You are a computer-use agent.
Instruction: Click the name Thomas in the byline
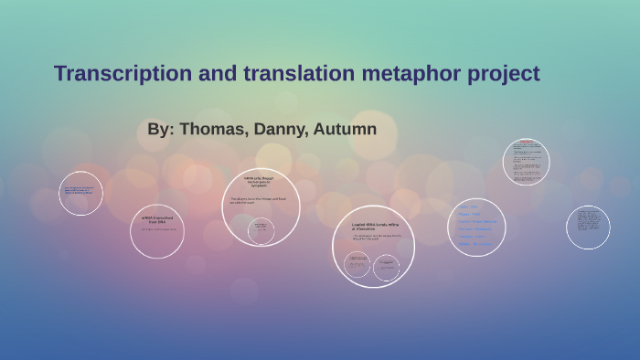coord(216,129)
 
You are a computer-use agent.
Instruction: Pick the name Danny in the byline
coord(281,129)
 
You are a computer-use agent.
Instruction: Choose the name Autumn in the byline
coord(345,129)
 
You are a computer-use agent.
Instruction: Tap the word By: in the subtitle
coord(160,129)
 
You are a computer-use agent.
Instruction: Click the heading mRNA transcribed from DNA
coord(157,219)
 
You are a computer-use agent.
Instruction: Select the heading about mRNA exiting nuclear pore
coord(261,181)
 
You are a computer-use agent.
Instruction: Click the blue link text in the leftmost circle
coord(79,192)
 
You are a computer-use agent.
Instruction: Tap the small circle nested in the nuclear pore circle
coord(261,228)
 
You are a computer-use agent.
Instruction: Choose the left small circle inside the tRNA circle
coord(357,266)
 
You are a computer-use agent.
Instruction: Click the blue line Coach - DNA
coord(468,206)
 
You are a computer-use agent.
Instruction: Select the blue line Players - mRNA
coord(470,214)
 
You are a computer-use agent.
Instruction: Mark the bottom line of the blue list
coord(476,244)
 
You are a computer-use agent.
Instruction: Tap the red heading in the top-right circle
coord(526,143)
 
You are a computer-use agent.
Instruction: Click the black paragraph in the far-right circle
coord(587,226)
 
